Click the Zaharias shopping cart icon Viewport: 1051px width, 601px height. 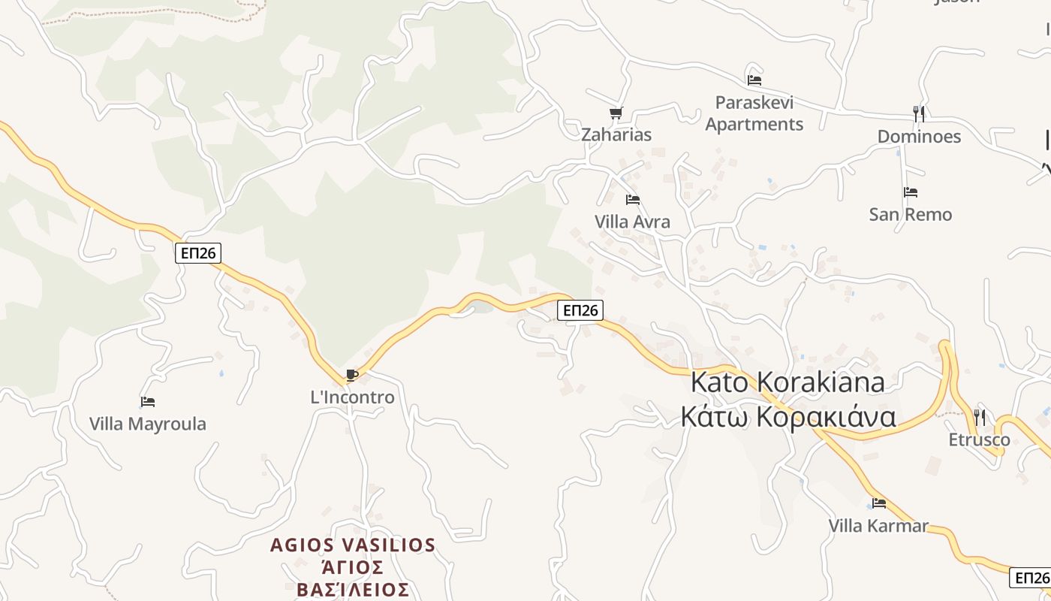coord(616,113)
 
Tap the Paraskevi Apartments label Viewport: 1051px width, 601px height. coord(754,113)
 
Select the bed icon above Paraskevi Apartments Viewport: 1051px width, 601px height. coord(754,80)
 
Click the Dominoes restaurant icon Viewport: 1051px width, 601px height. coord(918,113)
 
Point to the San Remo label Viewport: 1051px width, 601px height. coord(910,215)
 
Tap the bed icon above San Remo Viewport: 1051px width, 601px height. coord(911,192)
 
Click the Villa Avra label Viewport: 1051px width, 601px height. coord(632,222)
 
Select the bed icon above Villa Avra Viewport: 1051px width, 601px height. coord(633,200)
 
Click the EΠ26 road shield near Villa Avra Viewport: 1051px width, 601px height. coord(580,310)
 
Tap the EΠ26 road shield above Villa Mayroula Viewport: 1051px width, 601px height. coord(199,253)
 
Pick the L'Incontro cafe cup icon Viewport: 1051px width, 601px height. coord(351,375)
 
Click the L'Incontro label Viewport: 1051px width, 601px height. coord(352,397)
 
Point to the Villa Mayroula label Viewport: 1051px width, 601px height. coord(147,424)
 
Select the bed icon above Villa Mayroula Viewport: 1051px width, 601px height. coord(148,402)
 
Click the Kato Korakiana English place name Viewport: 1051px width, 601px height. coord(787,382)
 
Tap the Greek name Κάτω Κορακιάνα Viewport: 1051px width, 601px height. coord(788,417)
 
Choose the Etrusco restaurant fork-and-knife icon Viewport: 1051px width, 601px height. coord(979,417)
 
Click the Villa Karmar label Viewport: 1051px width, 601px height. coord(878,526)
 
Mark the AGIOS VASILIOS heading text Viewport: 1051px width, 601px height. coord(353,545)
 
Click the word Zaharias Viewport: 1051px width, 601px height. coord(616,135)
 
